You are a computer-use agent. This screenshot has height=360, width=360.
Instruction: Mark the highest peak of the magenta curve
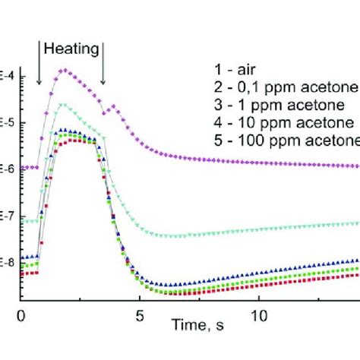coord(65,71)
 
